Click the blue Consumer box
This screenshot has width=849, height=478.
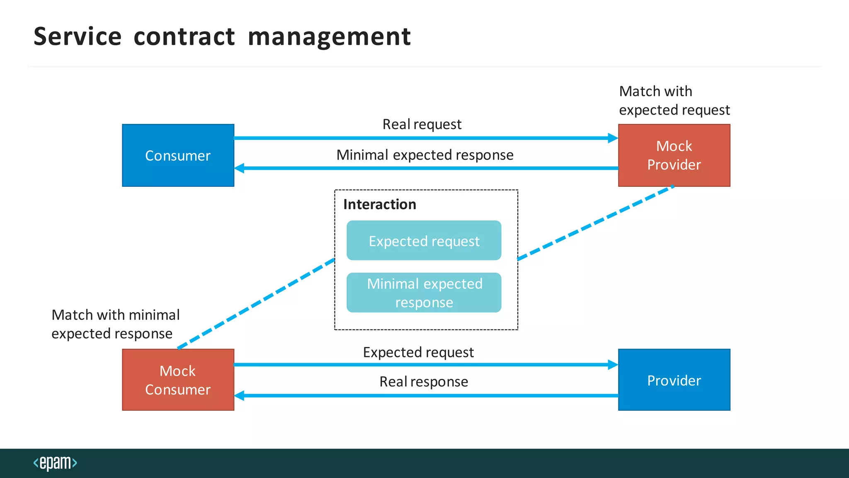178,155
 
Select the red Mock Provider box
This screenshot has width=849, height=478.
674,155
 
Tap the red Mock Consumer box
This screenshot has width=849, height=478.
178,380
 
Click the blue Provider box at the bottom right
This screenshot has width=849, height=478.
674,380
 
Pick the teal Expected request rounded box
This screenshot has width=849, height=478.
424,241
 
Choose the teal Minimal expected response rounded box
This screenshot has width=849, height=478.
424,293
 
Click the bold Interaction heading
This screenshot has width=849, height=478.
379,204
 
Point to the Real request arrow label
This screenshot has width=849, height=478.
422,124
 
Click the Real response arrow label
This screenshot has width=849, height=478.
423,381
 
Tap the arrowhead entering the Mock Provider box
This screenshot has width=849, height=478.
613,138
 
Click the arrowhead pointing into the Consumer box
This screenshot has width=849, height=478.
240,168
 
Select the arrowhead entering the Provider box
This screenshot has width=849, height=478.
613,365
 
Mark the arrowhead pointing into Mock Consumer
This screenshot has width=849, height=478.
240,395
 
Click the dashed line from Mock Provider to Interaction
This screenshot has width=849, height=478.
596,223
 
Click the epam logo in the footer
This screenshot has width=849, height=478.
55,463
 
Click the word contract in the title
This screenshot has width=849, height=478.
184,37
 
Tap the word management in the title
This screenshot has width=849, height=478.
329,37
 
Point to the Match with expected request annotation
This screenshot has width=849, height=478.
674,100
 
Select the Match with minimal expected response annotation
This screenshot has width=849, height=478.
115,324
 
